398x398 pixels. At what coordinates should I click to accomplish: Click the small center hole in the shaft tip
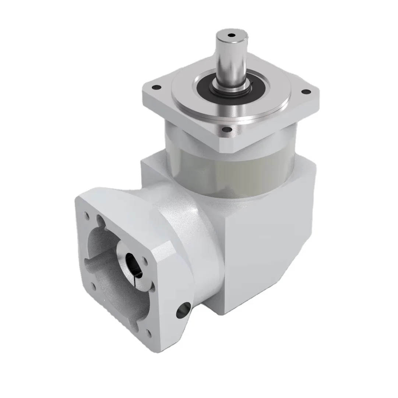coord(231,36)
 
